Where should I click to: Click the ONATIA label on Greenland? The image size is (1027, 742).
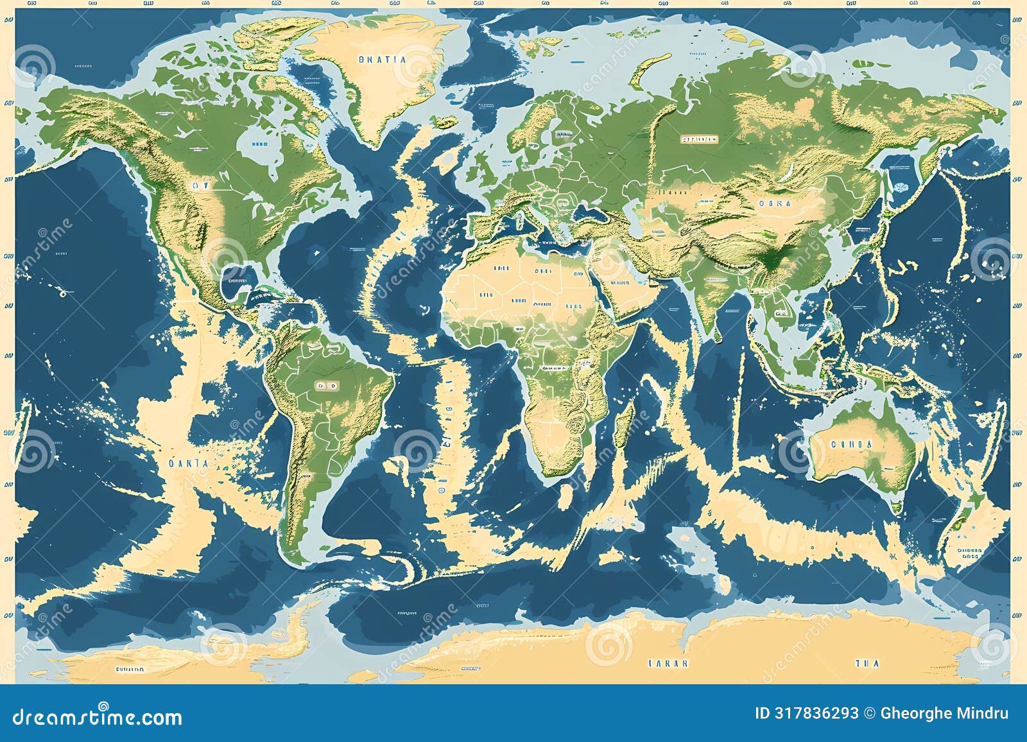[382, 59]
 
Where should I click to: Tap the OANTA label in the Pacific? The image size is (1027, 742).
[188, 463]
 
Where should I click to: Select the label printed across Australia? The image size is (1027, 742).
[851, 444]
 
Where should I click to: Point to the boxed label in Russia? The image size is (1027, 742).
[698, 139]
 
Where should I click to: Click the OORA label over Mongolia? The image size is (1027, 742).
[775, 203]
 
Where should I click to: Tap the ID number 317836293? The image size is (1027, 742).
[806, 713]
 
